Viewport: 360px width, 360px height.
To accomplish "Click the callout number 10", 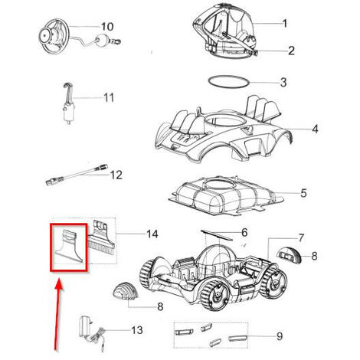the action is click(x=107, y=27).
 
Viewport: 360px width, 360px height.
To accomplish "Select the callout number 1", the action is click(x=285, y=24).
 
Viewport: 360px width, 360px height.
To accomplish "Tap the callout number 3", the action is click(x=283, y=83).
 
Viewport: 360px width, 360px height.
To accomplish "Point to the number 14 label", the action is click(x=152, y=234).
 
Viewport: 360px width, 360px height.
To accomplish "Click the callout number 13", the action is click(x=137, y=330).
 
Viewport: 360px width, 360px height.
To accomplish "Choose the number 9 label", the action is click(x=280, y=336).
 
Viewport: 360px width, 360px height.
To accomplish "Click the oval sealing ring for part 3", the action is click(x=228, y=83).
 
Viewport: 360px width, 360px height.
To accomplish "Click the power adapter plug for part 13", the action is click(x=84, y=327).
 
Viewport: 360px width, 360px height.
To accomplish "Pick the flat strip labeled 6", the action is click(x=217, y=235).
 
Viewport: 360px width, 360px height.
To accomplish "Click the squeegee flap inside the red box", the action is click(x=69, y=247).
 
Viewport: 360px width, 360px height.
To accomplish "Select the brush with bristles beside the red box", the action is click(x=101, y=237).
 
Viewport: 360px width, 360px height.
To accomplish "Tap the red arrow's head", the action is click(x=59, y=285).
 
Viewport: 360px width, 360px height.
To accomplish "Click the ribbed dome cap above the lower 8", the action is click(x=125, y=290).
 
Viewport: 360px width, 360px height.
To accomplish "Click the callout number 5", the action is click(x=303, y=193).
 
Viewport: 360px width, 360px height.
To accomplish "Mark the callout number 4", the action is click(x=315, y=129).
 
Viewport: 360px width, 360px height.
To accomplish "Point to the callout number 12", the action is click(x=116, y=175).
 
